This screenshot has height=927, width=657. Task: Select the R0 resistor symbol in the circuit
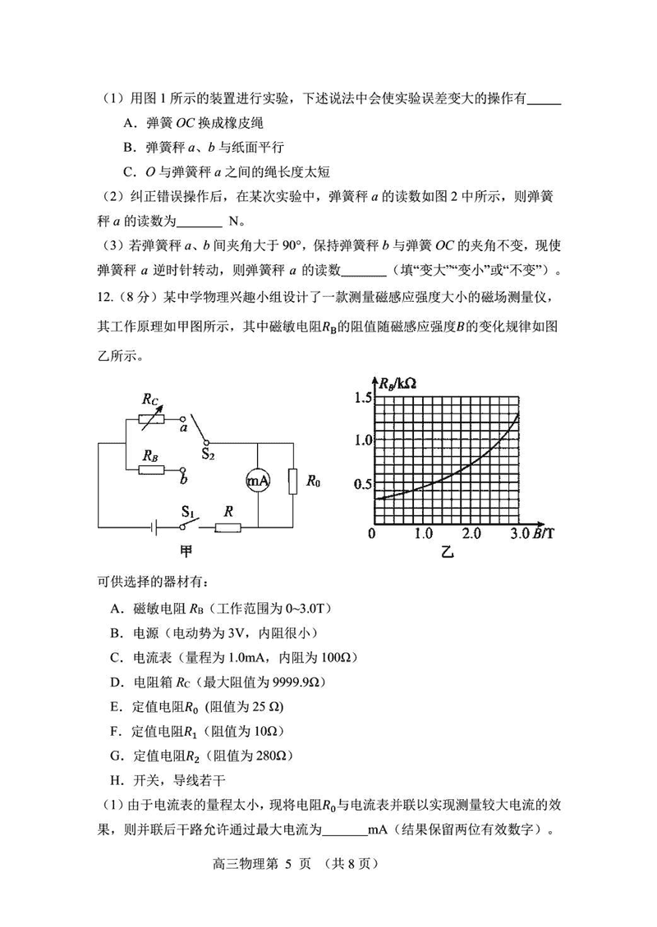pyautogui.click(x=292, y=482)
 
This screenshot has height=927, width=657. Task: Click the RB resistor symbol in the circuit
pyautogui.click(x=151, y=470)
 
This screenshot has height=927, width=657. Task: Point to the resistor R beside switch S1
pyautogui.click(x=228, y=527)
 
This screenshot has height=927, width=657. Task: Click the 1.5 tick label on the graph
pyautogui.click(x=362, y=398)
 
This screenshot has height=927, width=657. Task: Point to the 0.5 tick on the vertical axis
pyautogui.click(x=362, y=483)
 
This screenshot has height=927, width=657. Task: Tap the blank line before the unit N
pyautogui.click(x=200, y=221)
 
